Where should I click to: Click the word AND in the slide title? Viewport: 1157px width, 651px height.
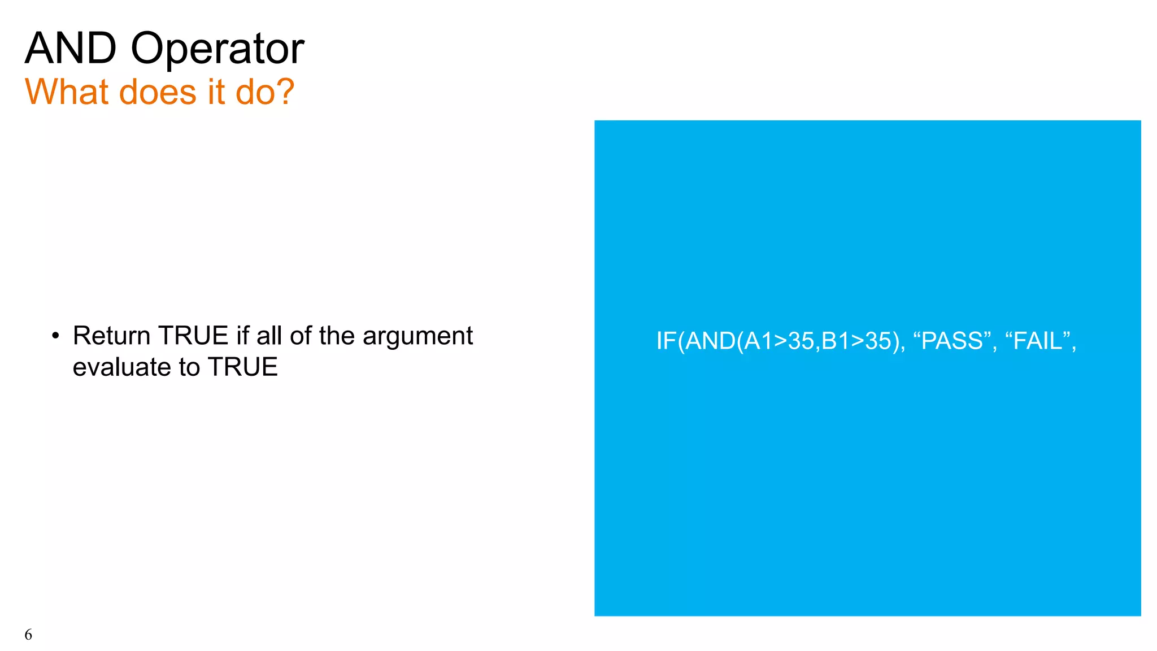click(71, 49)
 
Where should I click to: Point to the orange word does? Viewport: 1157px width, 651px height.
click(158, 92)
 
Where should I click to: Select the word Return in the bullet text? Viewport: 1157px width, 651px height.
click(111, 336)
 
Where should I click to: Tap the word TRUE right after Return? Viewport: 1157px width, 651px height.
click(193, 336)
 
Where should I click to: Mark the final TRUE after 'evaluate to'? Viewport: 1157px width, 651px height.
click(243, 367)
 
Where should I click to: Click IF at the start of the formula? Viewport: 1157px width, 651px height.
click(666, 341)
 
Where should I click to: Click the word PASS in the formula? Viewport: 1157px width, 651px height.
click(952, 341)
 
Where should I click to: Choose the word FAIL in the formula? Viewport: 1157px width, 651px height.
click(1038, 341)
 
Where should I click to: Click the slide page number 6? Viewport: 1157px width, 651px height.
click(28, 635)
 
